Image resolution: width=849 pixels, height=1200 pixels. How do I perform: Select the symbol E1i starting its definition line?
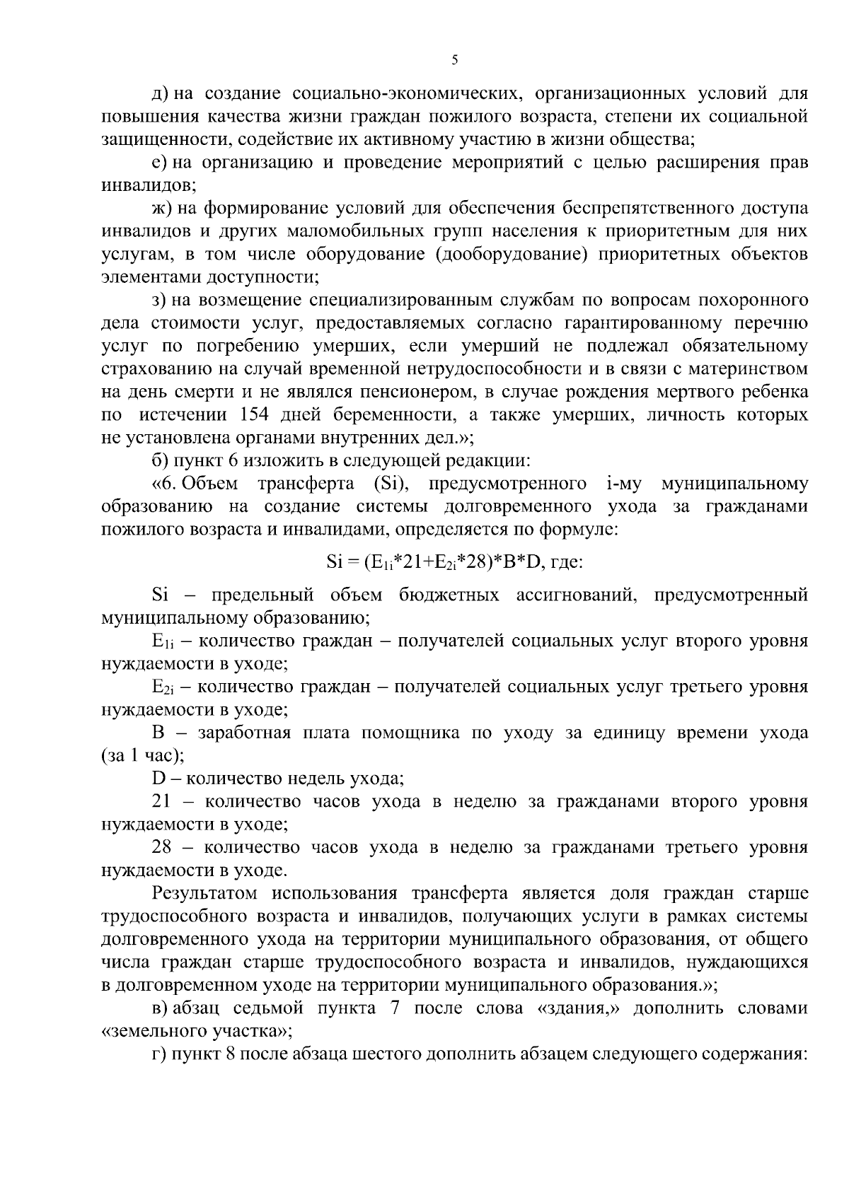[162, 642]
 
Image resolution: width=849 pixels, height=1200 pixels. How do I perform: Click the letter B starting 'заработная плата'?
[158, 733]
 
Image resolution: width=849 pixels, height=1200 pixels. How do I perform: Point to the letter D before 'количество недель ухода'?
[158, 779]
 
